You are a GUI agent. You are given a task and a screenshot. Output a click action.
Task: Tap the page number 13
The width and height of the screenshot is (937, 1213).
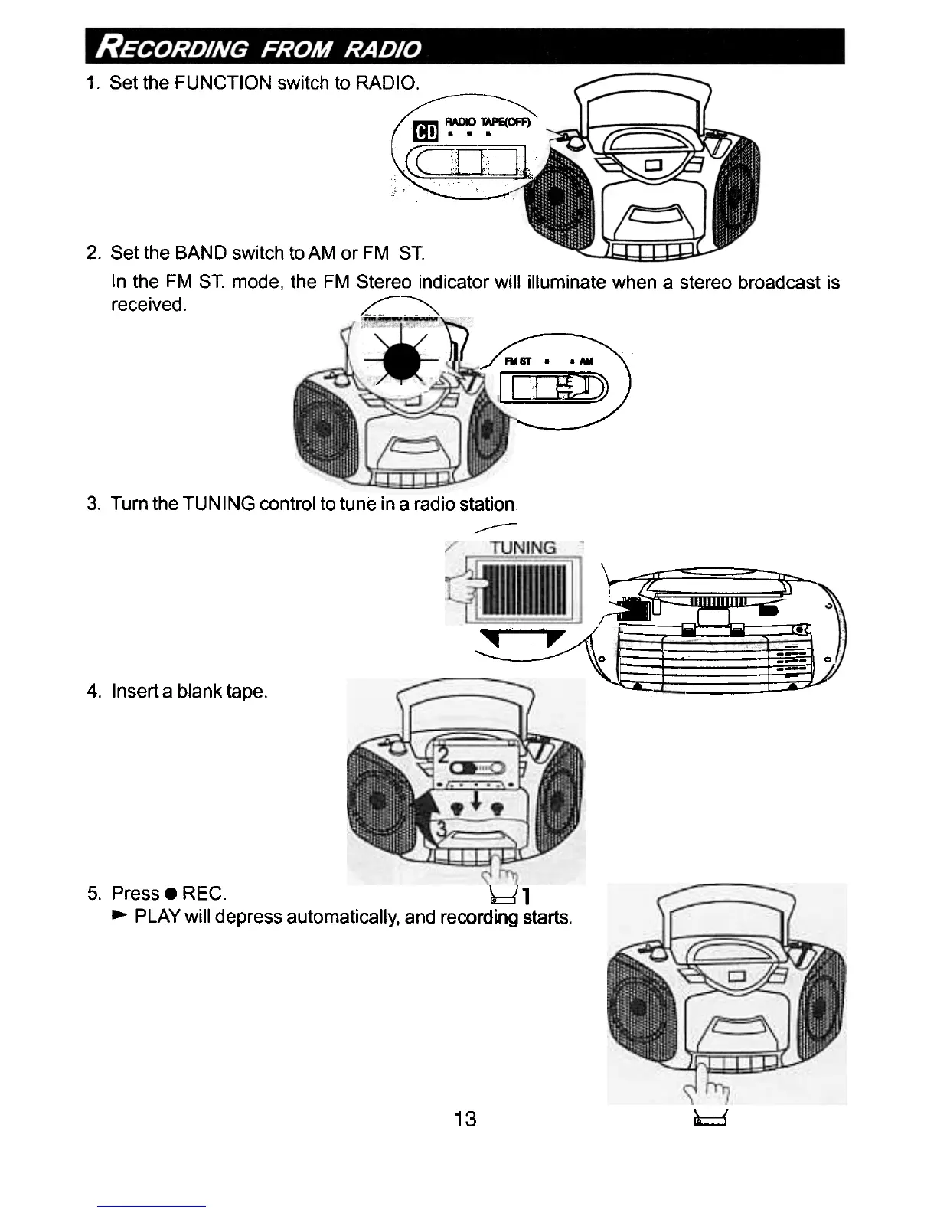[465, 1119]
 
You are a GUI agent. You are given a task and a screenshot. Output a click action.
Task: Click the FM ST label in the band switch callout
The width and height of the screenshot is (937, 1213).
[517, 361]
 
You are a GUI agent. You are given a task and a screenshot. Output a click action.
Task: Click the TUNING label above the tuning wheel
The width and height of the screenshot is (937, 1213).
[524, 548]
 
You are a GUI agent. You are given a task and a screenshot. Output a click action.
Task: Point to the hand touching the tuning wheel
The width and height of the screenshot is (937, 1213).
[465, 586]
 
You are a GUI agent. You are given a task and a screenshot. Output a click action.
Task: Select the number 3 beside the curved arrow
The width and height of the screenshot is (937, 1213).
[442, 829]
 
